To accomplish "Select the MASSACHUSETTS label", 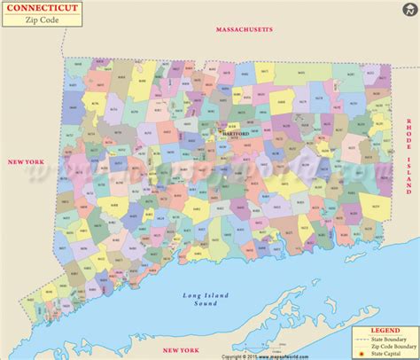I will coord(245,30).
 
